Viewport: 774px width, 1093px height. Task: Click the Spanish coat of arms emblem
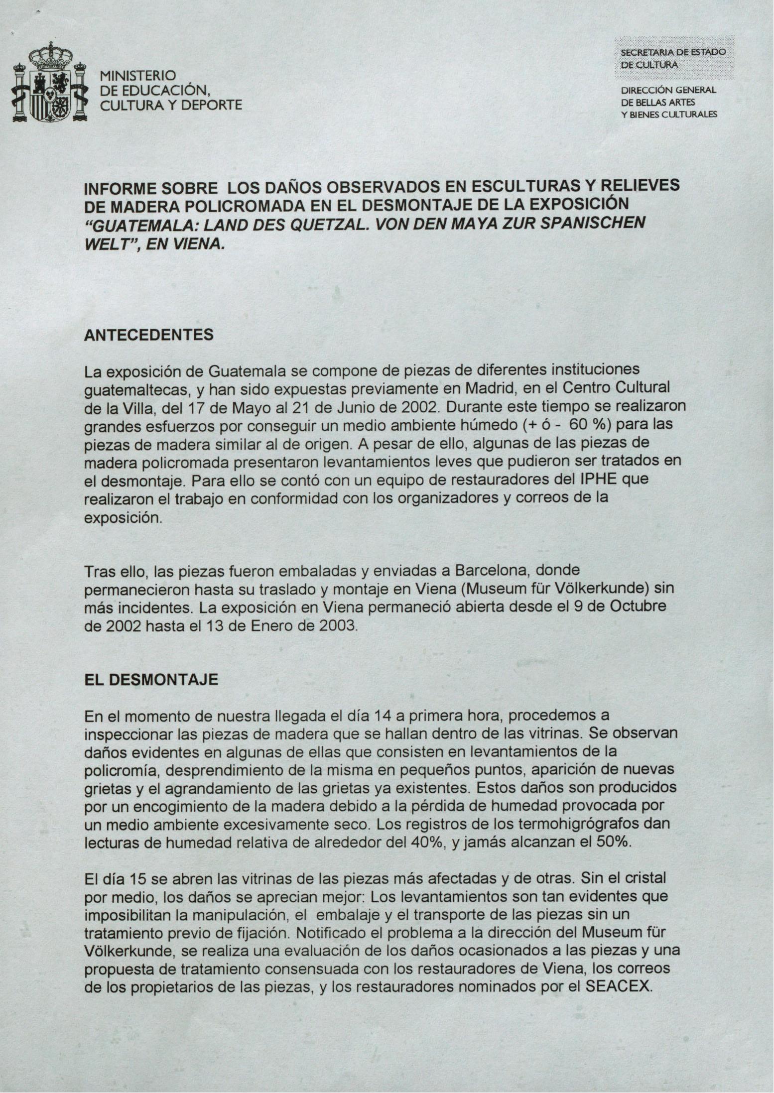[49, 85]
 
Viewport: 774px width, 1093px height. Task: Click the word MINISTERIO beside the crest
[138, 76]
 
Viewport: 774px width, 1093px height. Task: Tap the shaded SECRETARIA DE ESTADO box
[673, 58]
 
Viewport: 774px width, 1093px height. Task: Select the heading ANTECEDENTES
[148, 335]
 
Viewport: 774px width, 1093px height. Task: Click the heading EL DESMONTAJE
[151, 680]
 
